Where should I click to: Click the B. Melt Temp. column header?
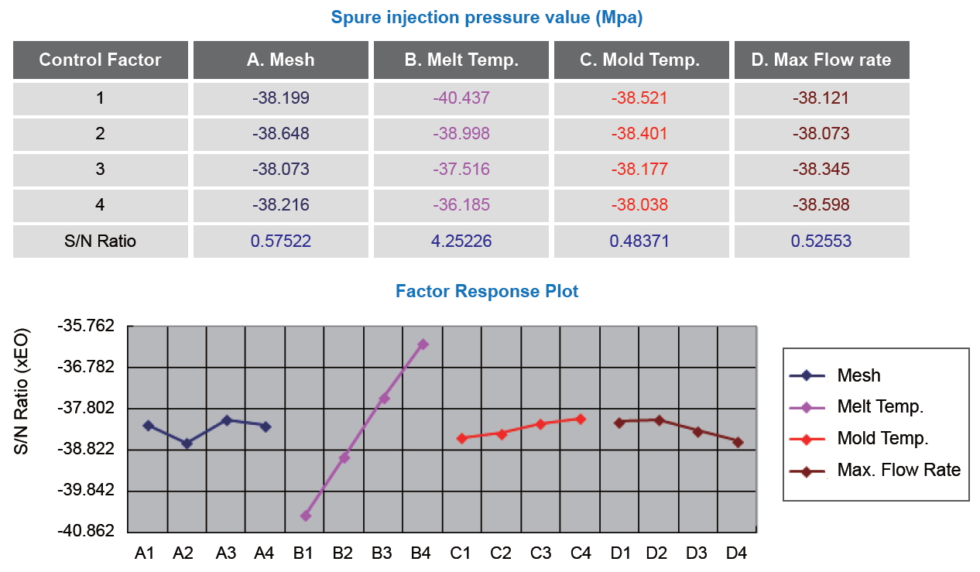(x=461, y=60)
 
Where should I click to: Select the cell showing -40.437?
(x=461, y=98)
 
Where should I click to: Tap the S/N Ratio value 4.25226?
(x=461, y=241)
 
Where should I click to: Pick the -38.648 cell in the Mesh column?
(x=280, y=134)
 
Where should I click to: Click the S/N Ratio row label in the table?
(x=100, y=241)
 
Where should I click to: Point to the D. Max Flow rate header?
(x=821, y=60)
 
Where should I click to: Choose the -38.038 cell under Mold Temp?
(x=639, y=205)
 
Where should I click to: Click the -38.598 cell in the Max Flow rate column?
(x=821, y=205)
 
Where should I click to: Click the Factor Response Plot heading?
(x=487, y=291)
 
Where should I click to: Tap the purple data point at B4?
(x=423, y=344)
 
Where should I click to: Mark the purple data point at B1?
(x=306, y=515)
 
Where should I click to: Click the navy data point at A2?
(x=187, y=444)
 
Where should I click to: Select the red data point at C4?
(x=581, y=419)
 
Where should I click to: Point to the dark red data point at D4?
(x=738, y=442)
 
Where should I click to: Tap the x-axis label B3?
(x=382, y=553)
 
